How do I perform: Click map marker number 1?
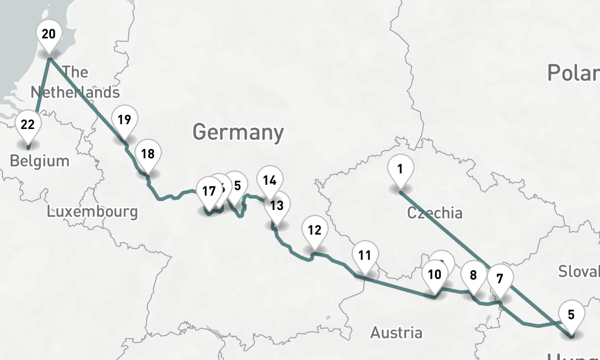coord(400,169)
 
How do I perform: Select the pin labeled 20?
coord(49,34)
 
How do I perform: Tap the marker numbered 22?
coord(28,125)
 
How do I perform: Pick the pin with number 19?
coord(124,119)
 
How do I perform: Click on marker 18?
coord(148,154)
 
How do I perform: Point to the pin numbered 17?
coord(209,191)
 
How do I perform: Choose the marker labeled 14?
coord(269,179)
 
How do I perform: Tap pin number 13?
coord(277,206)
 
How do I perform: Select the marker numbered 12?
coord(314,229)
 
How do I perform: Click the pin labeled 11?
coord(365,254)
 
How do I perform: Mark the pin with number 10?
coord(435,275)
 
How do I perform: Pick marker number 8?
coord(473,275)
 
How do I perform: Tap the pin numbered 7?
coord(500,278)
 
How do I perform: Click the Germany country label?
coord(238,131)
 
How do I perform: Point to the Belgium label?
coord(40,161)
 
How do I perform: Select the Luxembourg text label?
coord(92,212)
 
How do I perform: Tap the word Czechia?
coord(435,213)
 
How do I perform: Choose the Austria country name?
coord(396,332)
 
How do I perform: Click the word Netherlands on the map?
coord(75,92)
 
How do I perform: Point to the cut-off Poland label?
coord(573,73)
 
